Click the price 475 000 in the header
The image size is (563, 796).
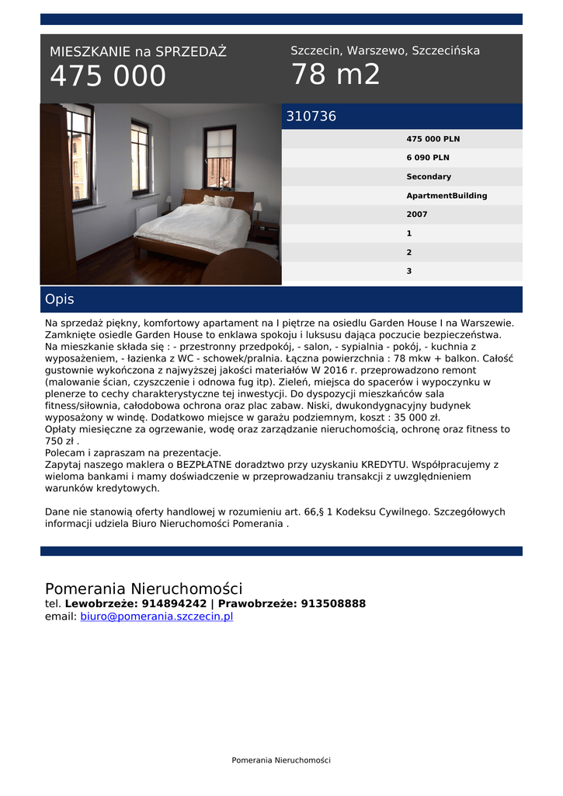(x=108, y=76)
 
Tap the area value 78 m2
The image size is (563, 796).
(x=335, y=75)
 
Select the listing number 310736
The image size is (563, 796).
(x=311, y=117)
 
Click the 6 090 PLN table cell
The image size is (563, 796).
(x=427, y=158)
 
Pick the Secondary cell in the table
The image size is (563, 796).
(x=429, y=176)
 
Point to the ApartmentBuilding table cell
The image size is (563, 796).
(x=447, y=196)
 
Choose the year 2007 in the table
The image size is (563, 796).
(x=417, y=215)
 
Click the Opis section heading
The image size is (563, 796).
(x=60, y=299)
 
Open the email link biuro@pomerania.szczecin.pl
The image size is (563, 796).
(x=156, y=616)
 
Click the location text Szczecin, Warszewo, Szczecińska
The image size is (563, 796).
(x=385, y=51)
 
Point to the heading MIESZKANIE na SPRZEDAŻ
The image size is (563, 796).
(x=138, y=52)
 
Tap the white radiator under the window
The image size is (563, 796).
(x=146, y=215)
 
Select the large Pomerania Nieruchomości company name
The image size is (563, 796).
(x=144, y=588)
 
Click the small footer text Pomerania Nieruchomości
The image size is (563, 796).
(x=281, y=760)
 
